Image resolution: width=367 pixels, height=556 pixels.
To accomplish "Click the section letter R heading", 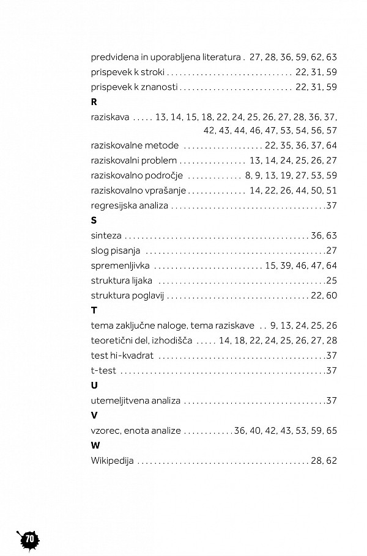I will coord(94,102).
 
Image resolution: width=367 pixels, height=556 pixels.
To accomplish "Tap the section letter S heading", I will coord(94,220).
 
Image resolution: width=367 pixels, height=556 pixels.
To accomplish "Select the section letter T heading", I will coord(94,310).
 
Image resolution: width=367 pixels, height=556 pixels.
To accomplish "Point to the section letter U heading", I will coord(94,386).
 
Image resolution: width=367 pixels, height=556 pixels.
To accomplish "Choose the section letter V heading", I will coord(94,415).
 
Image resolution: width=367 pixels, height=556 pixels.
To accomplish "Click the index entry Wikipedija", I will coord(112,461).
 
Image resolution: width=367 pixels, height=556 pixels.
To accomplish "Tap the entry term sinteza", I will coord(106,235).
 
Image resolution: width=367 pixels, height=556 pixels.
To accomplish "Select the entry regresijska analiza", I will coord(129,205).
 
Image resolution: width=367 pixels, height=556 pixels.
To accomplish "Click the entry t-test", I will coord(103,370).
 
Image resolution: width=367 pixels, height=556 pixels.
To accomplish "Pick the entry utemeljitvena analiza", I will coord(135,401).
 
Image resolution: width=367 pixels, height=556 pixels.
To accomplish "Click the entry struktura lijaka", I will coord(121,280).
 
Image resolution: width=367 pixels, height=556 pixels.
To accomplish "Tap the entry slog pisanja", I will coord(116,251).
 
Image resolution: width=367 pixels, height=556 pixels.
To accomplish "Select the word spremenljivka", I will coord(120,266).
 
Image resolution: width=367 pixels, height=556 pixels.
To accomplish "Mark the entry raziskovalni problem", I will coord(133,160).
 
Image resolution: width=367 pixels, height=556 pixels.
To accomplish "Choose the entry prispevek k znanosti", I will coord(134,87).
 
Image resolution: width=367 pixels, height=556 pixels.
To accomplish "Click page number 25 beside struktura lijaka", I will coord(332,280).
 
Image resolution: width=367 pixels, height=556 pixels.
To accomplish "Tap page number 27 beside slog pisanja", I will coord(332,251).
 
